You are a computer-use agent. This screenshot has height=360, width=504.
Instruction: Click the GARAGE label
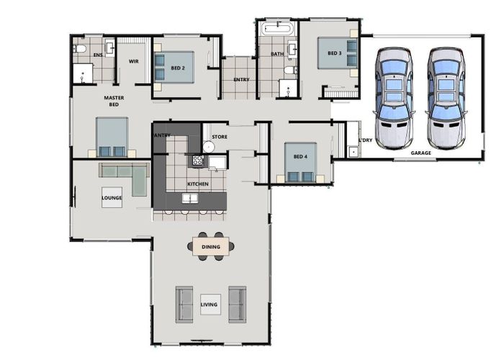pyautogui.click(x=420, y=153)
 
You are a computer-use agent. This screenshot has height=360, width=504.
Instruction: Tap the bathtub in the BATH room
pyautogui.click(x=277, y=29)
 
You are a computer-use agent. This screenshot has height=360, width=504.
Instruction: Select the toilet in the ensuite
pyautogui.click(x=80, y=49)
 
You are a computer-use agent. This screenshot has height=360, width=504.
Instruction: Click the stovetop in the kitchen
pyautogui.click(x=198, y=160)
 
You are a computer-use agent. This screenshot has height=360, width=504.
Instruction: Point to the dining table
pyautogui.click(x=211, y=246)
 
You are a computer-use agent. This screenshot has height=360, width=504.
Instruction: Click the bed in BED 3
pyautogui.click(x=337, y=53)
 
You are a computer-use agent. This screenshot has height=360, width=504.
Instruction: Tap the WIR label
pyautogui.click(x=134, y=61)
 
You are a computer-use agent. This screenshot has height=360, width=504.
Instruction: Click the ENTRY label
pyautogui.click(x=241, y=79)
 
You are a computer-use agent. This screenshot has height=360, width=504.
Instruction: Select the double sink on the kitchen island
pyautogui.click(x=190, y=198)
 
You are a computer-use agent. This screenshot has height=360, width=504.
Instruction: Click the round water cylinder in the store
pyautogui.click(x=209, y=147)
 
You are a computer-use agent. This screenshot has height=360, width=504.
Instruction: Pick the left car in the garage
pyautogui.click(x=393, y=98)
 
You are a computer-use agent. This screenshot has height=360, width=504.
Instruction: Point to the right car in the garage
pyautogui.click(x=446, y=98)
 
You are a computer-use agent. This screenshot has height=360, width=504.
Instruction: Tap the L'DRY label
pyautogui.click(x=366, y=140)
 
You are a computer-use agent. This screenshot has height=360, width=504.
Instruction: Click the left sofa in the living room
pyautogui.click(x=184, y=305)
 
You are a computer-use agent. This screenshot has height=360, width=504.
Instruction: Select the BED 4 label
pyautogui.click(x=300, y=156)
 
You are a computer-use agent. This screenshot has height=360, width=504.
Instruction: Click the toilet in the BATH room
pyautogui.click(x=291, y=70)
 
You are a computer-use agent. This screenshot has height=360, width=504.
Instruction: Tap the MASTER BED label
pyautogui.click(x=114, y=101)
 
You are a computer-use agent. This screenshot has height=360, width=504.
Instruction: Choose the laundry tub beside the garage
pyautogui.click(x=353, y=152)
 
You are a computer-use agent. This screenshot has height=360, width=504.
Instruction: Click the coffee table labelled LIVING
pyautogui.click(x=210, y=305)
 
